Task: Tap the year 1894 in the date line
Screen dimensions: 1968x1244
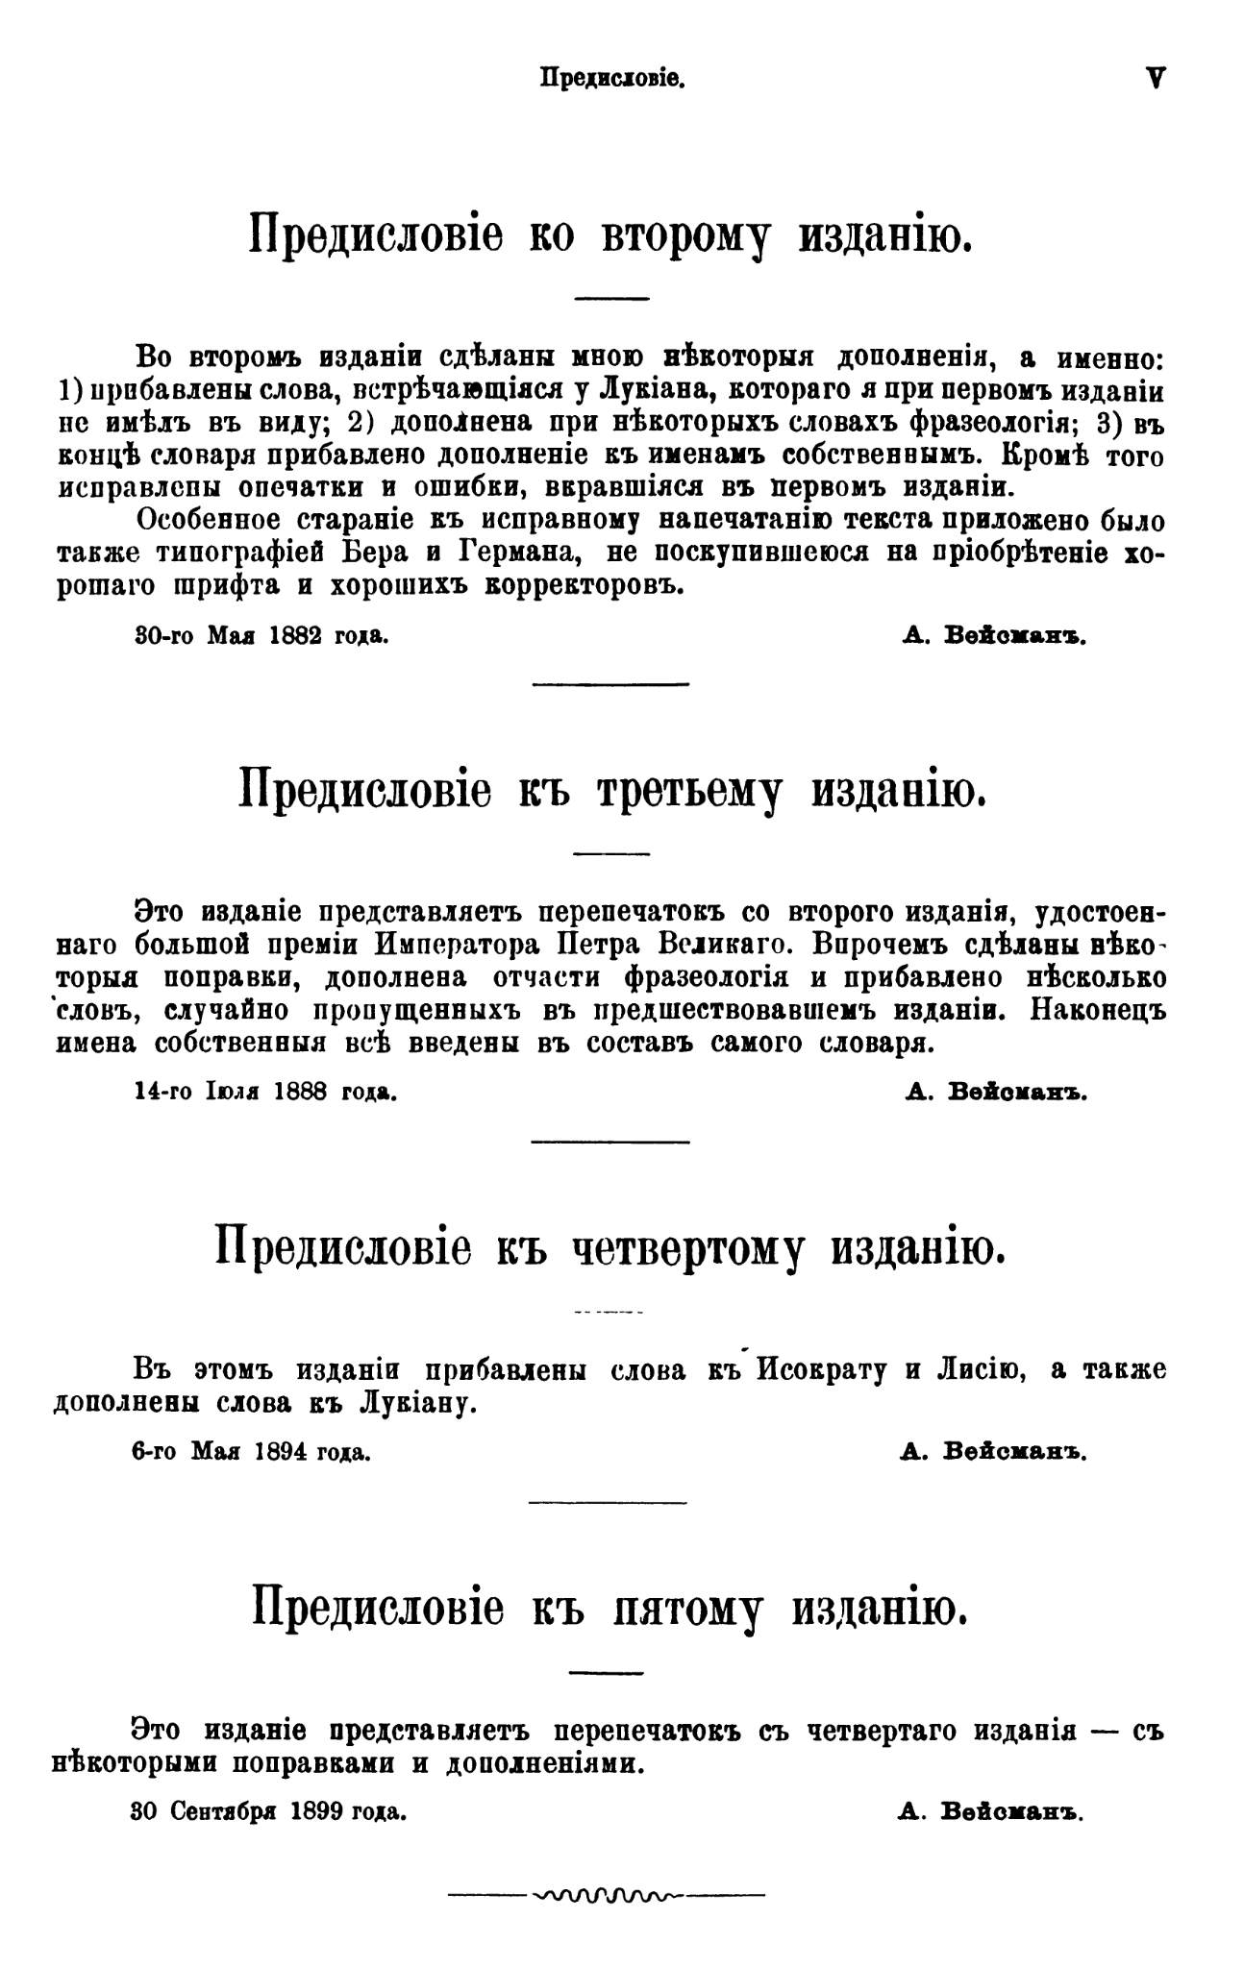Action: [280, 1452]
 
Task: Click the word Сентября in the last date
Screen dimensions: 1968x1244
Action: [220, 1811]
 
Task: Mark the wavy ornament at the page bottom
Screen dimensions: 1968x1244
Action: [609, 1896]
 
